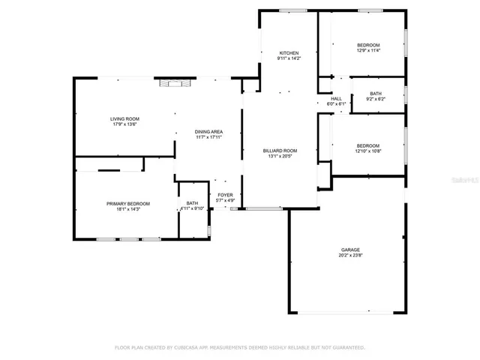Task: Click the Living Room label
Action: point(125,118)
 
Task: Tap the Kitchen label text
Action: point(289,53)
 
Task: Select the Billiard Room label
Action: point(280,151)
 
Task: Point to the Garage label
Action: point(350,249)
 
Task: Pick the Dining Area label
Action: point(209,132)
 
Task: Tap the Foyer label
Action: point(226,195)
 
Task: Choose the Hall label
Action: point(336,98)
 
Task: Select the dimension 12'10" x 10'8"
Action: point(367,151)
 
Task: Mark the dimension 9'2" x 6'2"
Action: point(375,99)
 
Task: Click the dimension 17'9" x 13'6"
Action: point(125,124)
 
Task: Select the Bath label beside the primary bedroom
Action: point(192,203)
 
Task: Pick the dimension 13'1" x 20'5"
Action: point(280,156)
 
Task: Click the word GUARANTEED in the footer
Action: point(347,347)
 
